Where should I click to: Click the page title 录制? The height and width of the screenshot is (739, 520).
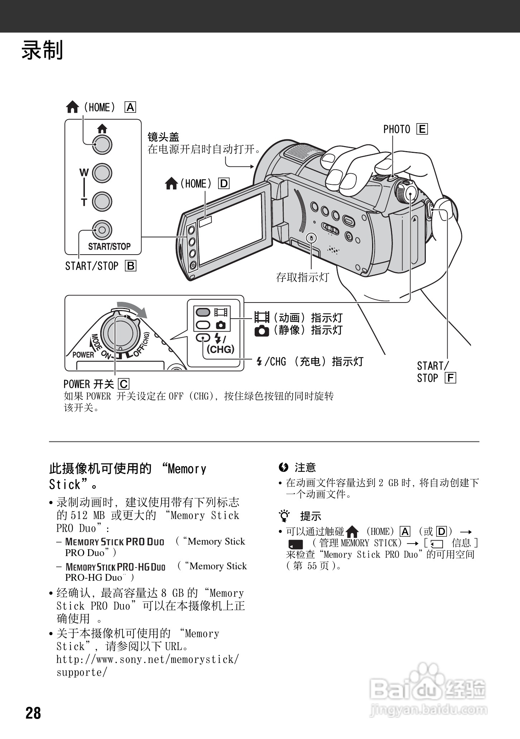[x=42, y=50]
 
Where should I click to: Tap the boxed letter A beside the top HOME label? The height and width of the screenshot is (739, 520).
[x=130, y=107]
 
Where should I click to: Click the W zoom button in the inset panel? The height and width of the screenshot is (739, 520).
[x=102, y=173]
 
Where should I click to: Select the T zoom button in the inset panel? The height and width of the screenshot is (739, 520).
[x=102, y=201]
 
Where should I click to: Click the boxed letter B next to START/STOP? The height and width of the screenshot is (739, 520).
[x=131, y=266]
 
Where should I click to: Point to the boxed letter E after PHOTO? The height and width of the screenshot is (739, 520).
[x=422, y=129]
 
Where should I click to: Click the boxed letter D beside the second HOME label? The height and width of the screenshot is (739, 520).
[x=224, y=184]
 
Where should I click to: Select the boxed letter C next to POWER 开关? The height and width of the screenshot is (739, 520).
[x=124, y=384]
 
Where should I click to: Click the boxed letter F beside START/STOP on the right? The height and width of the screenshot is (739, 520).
[x=450, y=378]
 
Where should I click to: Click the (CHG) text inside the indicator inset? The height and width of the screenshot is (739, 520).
[x=220, y=349]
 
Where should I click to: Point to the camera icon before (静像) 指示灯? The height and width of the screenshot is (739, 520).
[x=261, y=331]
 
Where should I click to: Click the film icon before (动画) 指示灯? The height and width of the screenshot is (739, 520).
[x=262, y=317]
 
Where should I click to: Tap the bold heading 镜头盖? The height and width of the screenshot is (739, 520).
[x=163, y=137]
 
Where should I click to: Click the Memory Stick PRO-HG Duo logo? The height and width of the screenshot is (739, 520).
[x=116, y=567]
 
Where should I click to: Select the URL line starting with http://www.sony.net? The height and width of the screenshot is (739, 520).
[x=147, y=659]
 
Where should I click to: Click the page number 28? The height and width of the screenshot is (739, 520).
[x=33, y=713]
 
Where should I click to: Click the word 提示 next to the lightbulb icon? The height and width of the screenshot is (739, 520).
[x=310, y=516]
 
